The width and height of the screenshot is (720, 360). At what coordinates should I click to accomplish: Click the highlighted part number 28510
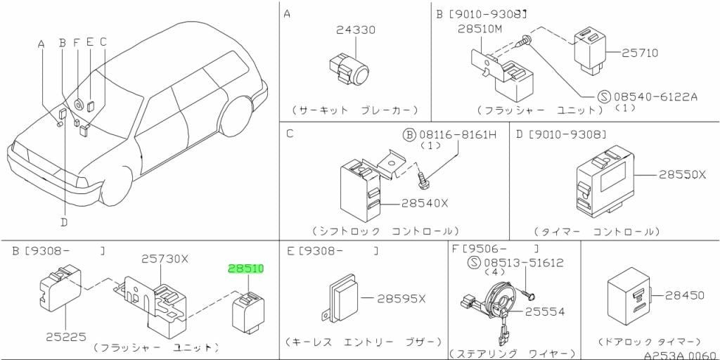pos(246,269)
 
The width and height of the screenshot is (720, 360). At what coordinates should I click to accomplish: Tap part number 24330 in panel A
pos(355,30)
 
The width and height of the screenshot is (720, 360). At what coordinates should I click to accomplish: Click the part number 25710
pos(640,53)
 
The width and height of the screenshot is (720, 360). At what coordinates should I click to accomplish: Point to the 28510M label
pos(480,28)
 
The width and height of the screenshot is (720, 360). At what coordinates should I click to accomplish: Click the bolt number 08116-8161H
pos(457,135)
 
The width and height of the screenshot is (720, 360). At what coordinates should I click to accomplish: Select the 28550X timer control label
pos(682,175)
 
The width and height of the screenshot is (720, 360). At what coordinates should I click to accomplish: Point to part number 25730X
pos(165,259)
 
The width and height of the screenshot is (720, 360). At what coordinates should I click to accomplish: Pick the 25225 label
pos(66,337)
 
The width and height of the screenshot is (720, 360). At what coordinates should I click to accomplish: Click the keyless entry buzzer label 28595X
pos(401,299)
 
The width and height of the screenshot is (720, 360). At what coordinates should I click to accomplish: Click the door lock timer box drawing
pos(629,297)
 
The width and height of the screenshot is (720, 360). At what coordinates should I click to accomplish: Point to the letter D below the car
pos(64,222)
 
